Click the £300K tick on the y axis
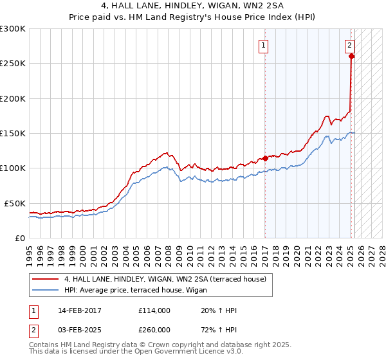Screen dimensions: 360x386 click(x=12, y=29)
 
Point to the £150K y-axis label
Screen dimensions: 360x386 click(x=12, y=134)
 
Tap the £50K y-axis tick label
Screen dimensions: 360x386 click(x=15, y=203)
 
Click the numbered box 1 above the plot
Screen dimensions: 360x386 click(x=264, y=45)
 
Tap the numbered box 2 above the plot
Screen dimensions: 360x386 click(x=349, y=45)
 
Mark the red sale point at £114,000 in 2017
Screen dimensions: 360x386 click(x=265, y=158)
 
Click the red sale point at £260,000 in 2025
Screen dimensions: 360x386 click(x=351, y=57)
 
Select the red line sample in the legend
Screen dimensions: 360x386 click(x=45, y=279)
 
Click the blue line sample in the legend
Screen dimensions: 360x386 click(x=45, y=291)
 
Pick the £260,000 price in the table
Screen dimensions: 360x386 click(x=154, y=329)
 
